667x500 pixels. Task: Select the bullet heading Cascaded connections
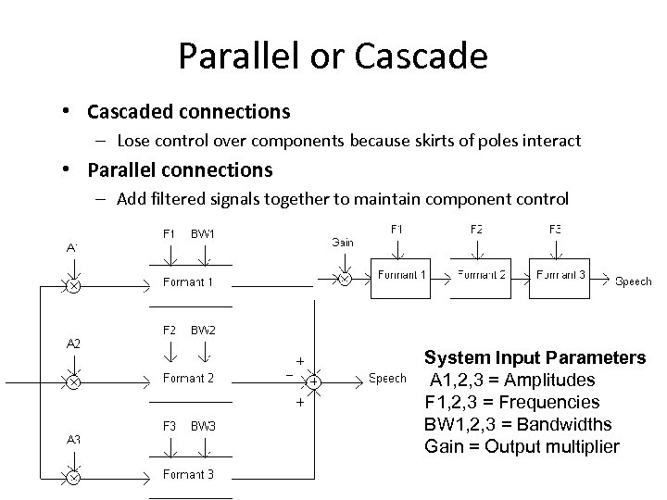188,112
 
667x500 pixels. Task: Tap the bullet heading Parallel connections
180,170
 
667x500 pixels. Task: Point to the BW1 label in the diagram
203,233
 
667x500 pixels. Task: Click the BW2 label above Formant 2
203,330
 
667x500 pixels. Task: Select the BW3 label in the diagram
203,426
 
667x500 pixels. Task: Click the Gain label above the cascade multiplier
342,242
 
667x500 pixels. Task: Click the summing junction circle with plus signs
314,381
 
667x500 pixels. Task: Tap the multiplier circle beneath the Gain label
343,277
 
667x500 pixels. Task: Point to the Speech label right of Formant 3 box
634,281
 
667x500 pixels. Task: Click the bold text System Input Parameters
535,358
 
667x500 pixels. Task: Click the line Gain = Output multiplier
521,447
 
